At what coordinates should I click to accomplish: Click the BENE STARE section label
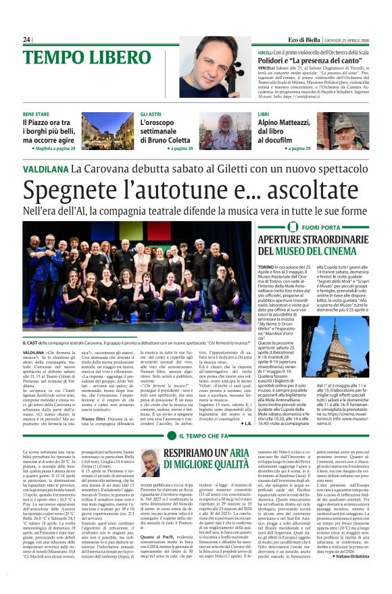pyautogui.click(x=36, y=115)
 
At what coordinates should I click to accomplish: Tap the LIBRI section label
pyautogui.click(x=264, y=115)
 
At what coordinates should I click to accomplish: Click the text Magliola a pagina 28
pyautogui.click(x=53, y=147)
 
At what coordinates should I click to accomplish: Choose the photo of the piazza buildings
pyautogui.click(x=107, y=130)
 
